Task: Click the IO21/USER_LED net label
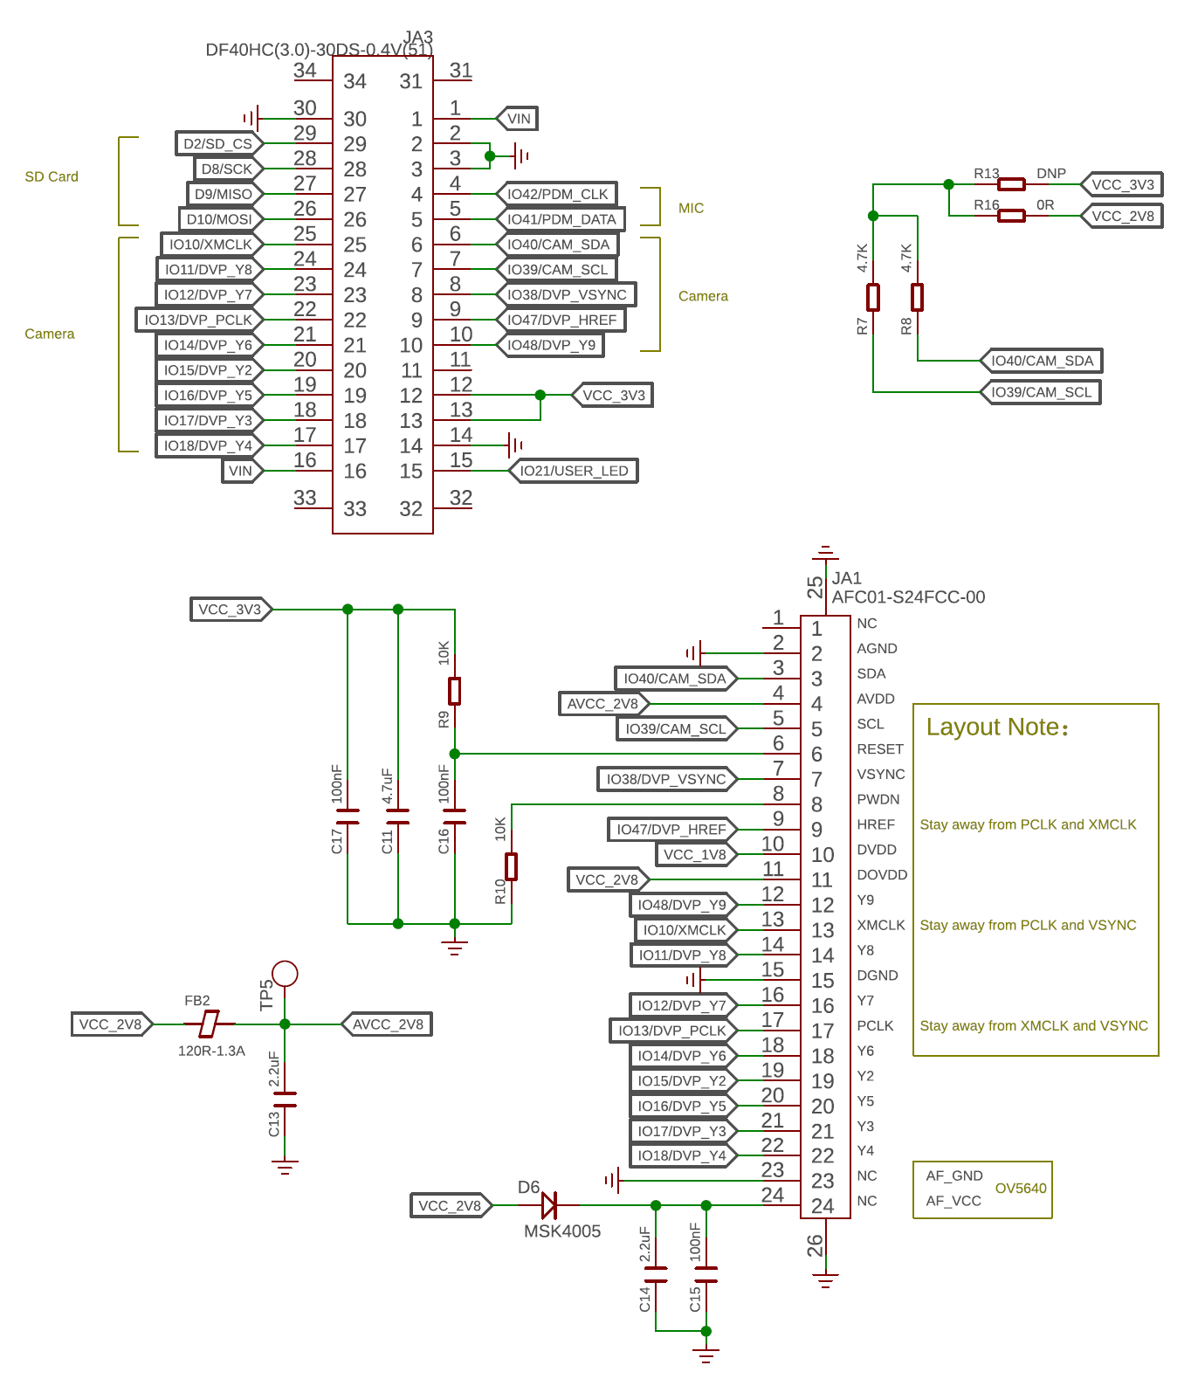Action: (x=574, y=471)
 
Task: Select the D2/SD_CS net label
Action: (x=219, y=143)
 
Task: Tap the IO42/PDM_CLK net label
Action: (x=557, y=194)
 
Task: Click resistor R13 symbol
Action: (x=1011, y=184)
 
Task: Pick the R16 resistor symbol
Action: (x=1011, y=216)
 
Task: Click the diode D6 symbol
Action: (x=549, y=1206)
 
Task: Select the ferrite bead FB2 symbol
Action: (x=210, y=1024)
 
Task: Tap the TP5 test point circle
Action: (x=285, y=974)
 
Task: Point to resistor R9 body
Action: (x=454, y=691)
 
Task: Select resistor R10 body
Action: (x=511, y=866)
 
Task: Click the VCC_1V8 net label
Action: (x=697, y=855)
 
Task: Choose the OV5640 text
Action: (x=1021, y=1189)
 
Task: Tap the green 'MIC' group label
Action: (x=691, y=208)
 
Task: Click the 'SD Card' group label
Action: (x=52, y=176)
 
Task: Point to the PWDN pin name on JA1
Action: (x=878, y=799)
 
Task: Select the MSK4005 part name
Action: (x=561, y=1231)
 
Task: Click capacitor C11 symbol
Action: (x=397, y=817)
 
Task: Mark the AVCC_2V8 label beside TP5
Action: (x=387, y=1024)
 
